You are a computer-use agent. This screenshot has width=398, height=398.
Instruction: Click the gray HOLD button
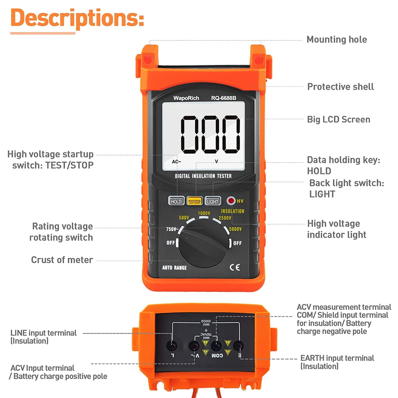176,201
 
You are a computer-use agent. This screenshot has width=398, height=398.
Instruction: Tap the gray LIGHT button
213,201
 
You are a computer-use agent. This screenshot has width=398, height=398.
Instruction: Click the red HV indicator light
231,200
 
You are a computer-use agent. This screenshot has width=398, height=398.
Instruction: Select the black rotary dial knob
204,244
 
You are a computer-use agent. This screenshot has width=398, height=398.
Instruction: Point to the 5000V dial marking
235,229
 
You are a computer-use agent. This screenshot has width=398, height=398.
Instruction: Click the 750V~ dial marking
172,229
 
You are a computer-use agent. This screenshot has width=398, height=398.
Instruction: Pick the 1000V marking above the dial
204,213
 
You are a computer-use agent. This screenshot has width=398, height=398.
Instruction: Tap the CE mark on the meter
235,268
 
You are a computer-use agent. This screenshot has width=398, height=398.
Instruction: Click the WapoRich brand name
186,98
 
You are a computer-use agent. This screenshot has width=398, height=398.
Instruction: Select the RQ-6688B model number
224,98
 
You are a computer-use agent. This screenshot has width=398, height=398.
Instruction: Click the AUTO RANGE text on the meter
174,268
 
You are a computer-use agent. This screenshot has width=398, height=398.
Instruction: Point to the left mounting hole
148,58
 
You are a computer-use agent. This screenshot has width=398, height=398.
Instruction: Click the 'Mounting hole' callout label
336,39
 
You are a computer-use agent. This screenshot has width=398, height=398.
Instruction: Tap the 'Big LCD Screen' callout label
338,119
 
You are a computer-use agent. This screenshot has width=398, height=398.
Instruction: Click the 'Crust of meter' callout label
62,260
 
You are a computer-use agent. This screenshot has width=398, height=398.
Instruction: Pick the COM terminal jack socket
216,346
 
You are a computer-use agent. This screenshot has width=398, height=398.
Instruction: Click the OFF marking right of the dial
237,243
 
